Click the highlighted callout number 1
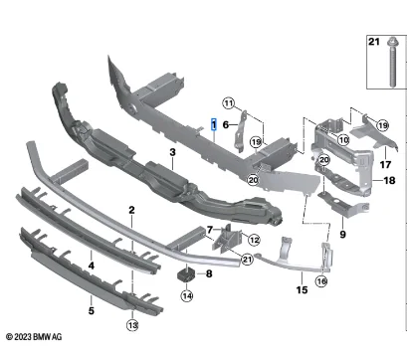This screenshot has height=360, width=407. pos(214,124)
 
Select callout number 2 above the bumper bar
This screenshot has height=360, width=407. pos(131,210)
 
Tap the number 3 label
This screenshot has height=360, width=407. pos(172,152)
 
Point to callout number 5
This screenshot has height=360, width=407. pos(92,311)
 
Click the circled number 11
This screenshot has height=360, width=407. pos(229,103)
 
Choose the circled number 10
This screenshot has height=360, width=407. pos(343,140)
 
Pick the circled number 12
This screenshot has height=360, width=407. pos(254,240)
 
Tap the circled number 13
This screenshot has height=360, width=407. pos(132,325)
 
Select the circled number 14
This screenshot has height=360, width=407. pos(187,295)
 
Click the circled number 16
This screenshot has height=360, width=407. pos(321,281)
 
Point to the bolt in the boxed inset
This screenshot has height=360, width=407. pos(392,63)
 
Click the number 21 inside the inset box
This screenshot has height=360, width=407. pos(374,42)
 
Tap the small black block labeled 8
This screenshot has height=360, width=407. pos(186,275)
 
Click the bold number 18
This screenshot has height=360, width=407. pos(389,180)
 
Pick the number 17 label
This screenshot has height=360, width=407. pos(385,164)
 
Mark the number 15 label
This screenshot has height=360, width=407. pos(302,290)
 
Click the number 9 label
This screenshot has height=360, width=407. pos(342,235)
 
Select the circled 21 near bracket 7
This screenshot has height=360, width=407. pos(247,259)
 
